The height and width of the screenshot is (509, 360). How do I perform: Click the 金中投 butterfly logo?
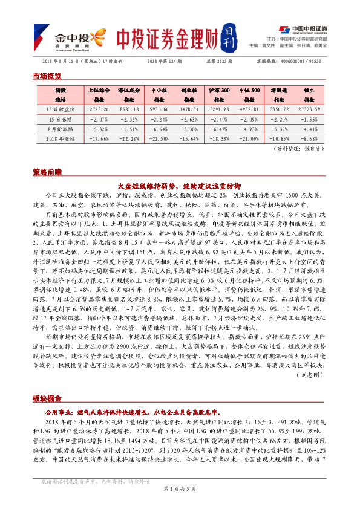pyautogui.click(x=61, y=36)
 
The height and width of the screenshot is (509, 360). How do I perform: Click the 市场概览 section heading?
pyautogui.click(x=47, y=76)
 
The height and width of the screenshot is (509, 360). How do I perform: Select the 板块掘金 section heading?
pyautogui.click(x=47, y=399)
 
